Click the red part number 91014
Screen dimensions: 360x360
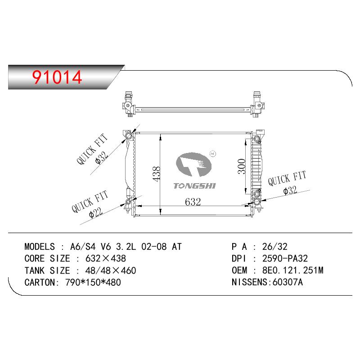(57, 77)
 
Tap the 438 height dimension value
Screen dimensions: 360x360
(157, 174)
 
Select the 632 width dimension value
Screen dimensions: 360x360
(193, 202)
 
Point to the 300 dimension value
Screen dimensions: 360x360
(242, 166)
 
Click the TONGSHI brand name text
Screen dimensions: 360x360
(194, 186)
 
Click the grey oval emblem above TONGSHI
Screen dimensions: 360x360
(193, 164)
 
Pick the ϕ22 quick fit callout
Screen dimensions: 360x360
(96, 213)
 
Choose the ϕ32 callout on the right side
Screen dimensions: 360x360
(290, 190)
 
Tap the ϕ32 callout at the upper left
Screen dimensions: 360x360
(102, 157)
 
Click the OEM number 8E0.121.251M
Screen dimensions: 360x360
(293, 270)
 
